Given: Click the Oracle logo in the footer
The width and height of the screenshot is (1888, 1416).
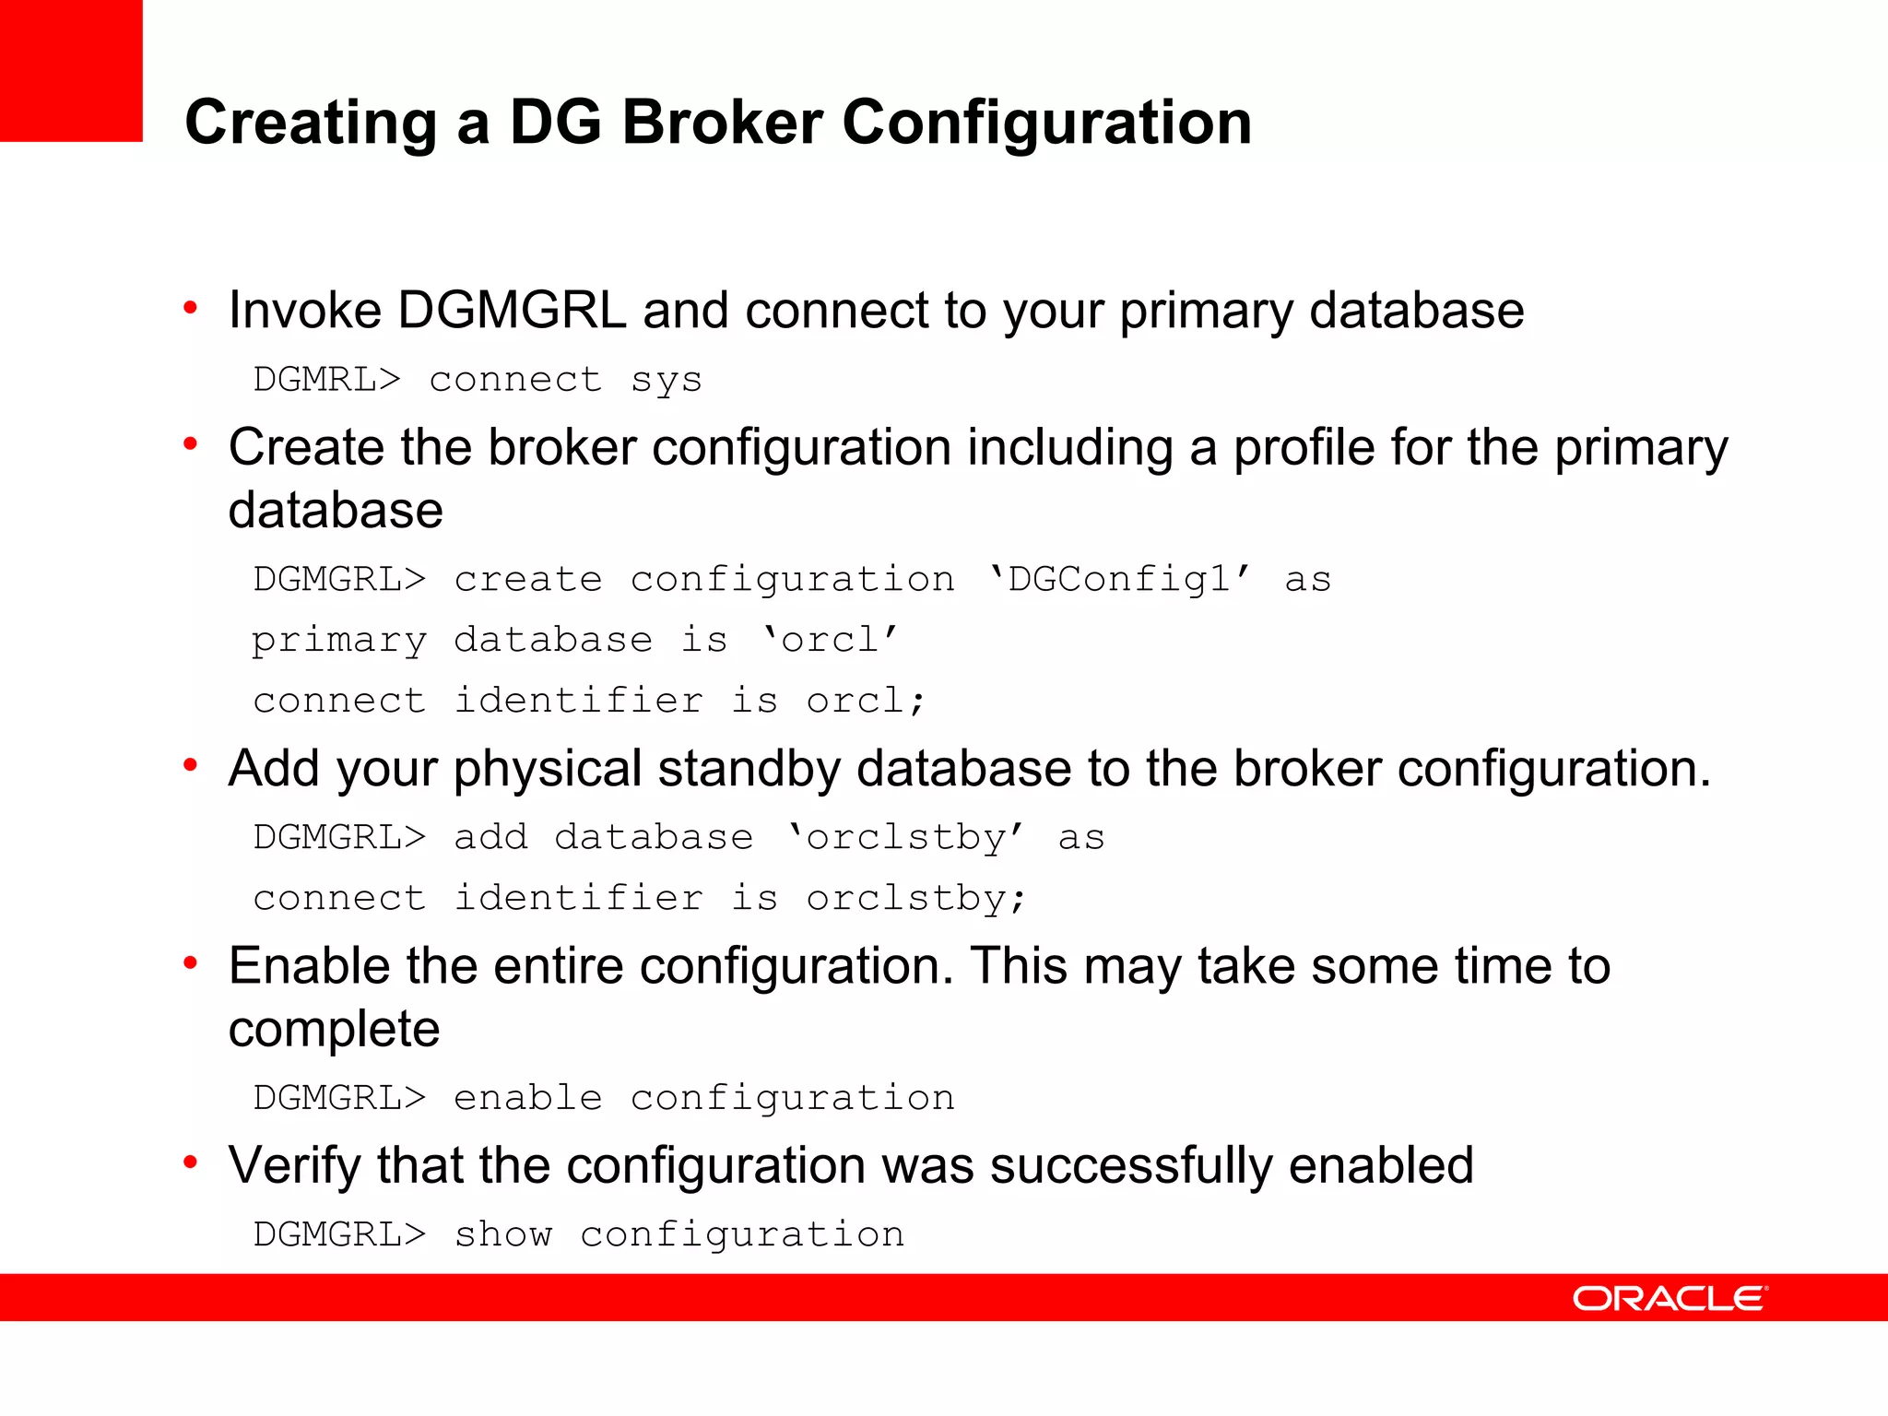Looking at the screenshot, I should pyautogui.click(x=1670, y=1299).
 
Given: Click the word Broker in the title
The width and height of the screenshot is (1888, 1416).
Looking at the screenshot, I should pyautogui.click(x=722, y=123).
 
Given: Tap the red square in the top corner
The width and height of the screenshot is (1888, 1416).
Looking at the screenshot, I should pyautogui.click(x=71, y=70).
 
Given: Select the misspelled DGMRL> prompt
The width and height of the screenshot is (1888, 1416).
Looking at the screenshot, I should pyautogui.click(x=327, y=380).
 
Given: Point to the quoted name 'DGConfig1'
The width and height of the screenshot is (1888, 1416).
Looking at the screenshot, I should pyautogui.click(x=1119, y=580).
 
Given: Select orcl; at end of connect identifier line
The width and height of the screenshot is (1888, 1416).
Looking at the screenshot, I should pyautogui.click(x=865, y=701).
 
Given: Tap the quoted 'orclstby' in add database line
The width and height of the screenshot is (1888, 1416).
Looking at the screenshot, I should pyautogui.click(x=905, y=838).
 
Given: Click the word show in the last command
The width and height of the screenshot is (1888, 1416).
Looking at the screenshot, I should pyautogui.click(x=503, y=1234).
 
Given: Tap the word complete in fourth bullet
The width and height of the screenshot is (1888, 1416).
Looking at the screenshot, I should pyautogui.click(x=334, y=1029).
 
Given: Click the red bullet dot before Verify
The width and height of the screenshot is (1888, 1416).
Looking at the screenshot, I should pyautogui.click(x=191, y=1162).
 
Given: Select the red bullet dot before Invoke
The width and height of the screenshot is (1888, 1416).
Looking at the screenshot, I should pyautogui.click(x=191, y=307).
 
